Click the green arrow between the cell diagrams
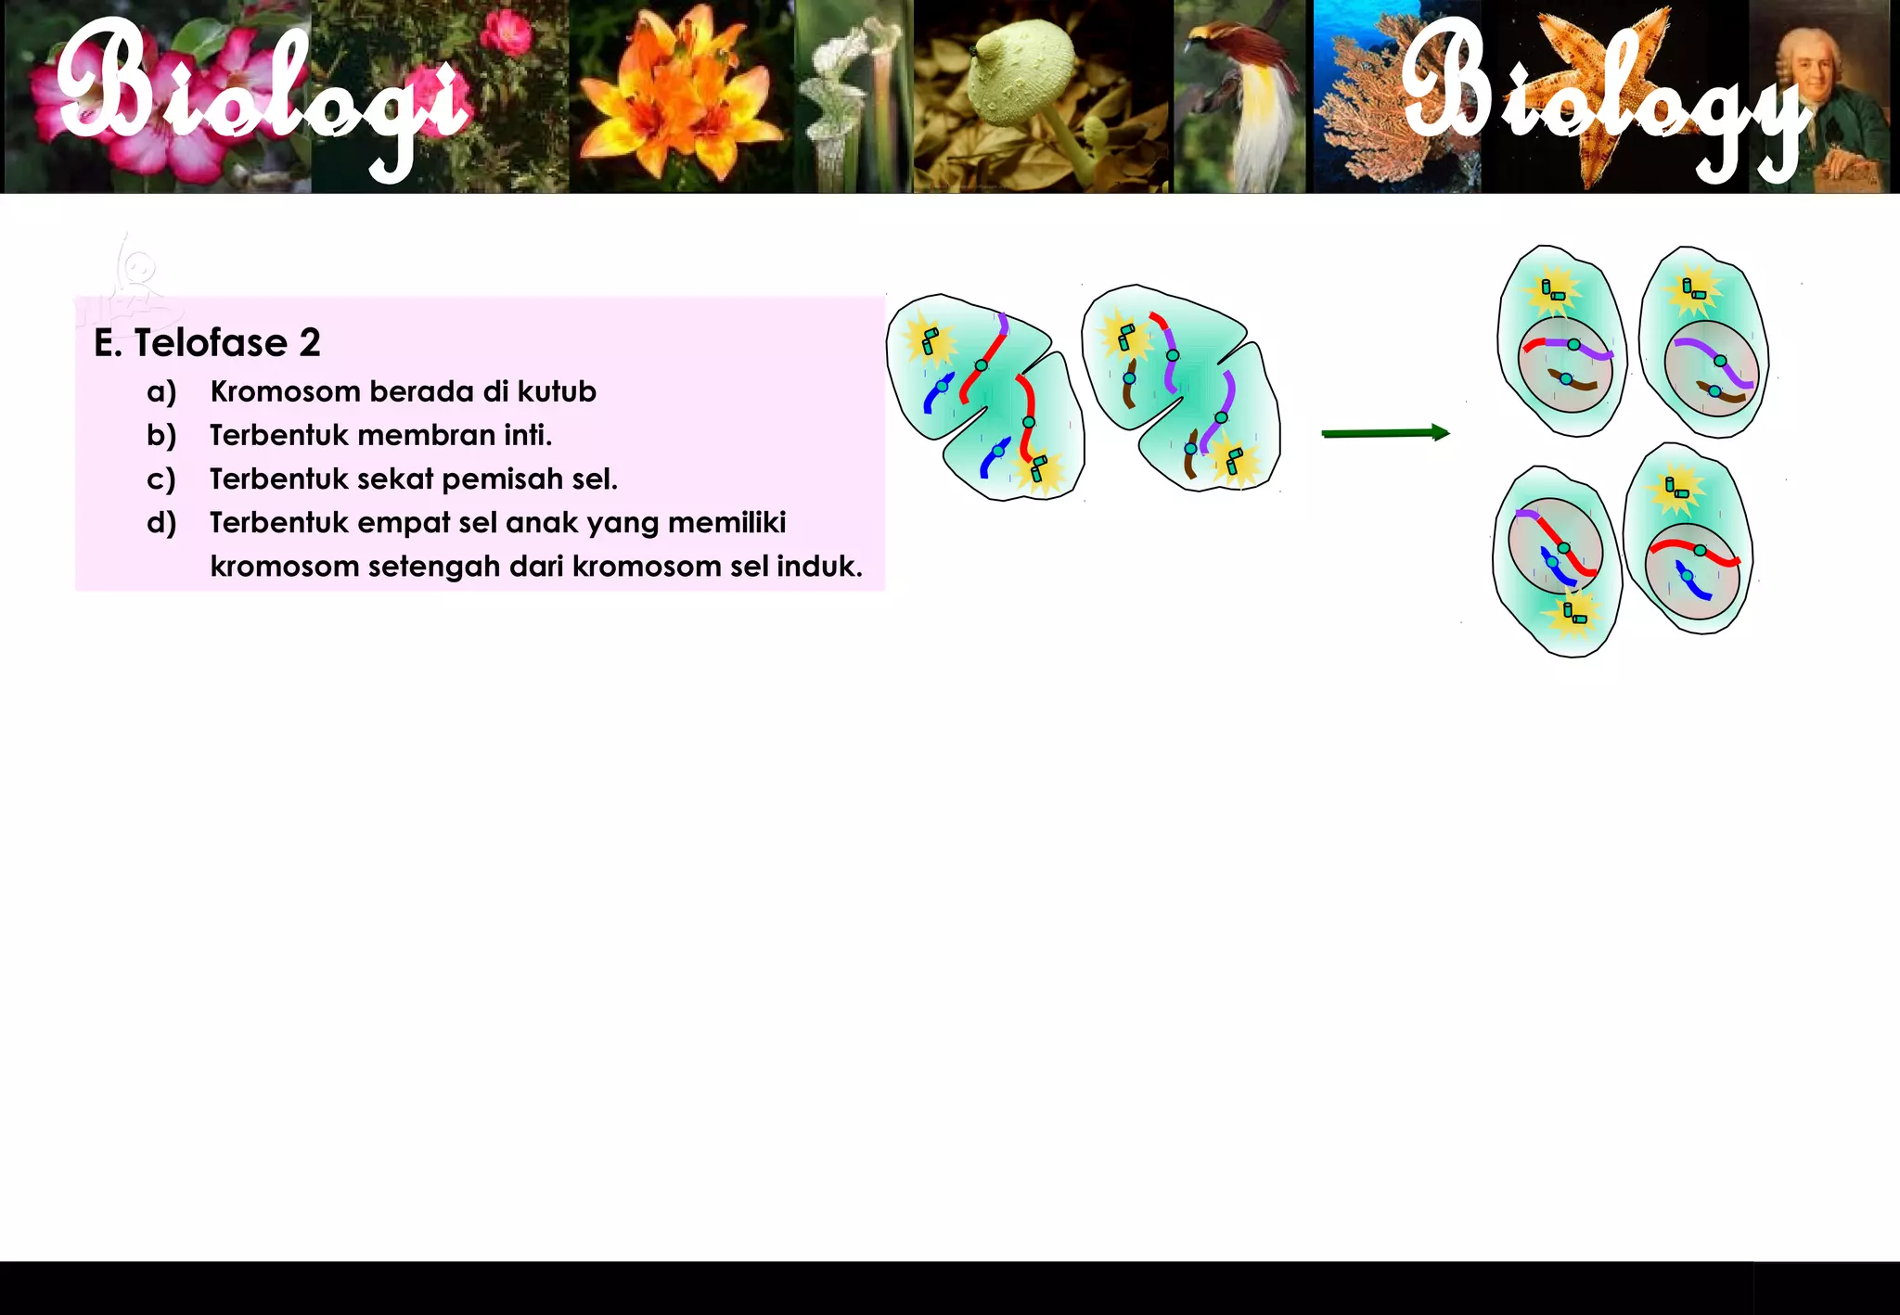pos(1384,433)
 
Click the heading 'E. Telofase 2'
pos(207,343)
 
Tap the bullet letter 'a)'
pos(161,391)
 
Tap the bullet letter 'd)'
pos(161,523)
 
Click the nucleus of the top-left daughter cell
pos(1566,366)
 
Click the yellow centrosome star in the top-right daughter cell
pos(1694,290)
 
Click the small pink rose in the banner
pos(507,34)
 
